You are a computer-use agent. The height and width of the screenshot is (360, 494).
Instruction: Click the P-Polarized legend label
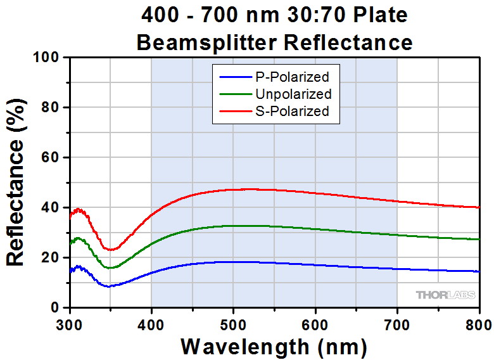pyautogui.click(x=292, y=77)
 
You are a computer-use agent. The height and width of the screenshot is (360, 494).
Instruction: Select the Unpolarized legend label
pyautogui.click(x=293, y=94)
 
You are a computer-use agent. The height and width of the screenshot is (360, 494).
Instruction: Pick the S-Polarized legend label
pyautogui.click(x=292, y=111)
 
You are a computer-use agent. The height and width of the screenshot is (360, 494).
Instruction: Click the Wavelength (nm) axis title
pyautogui.click(x=274, y=346)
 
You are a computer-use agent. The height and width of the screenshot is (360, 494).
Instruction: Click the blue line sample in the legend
pyautogui.click(x=236, y=77)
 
